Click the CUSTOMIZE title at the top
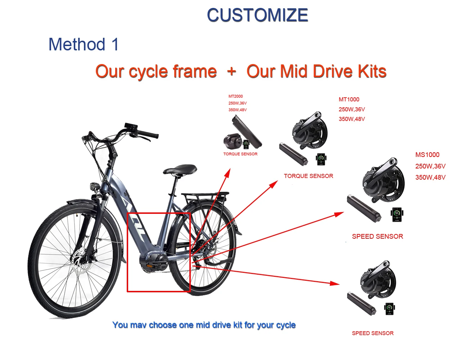click(257, 15)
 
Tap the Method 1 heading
click(84, 44)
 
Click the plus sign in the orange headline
click(231, 71)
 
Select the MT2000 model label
click(235, 96)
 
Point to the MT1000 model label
click(349, 99)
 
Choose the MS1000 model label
click(427, 154)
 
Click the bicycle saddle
click(180, 169)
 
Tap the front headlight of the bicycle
click(95, 186)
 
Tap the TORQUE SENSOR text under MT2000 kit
click(240, 154)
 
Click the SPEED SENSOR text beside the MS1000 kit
click(378, 237)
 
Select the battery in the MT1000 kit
click(293, 154)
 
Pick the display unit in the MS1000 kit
click(397, 214)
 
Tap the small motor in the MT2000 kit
click(233, 141)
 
